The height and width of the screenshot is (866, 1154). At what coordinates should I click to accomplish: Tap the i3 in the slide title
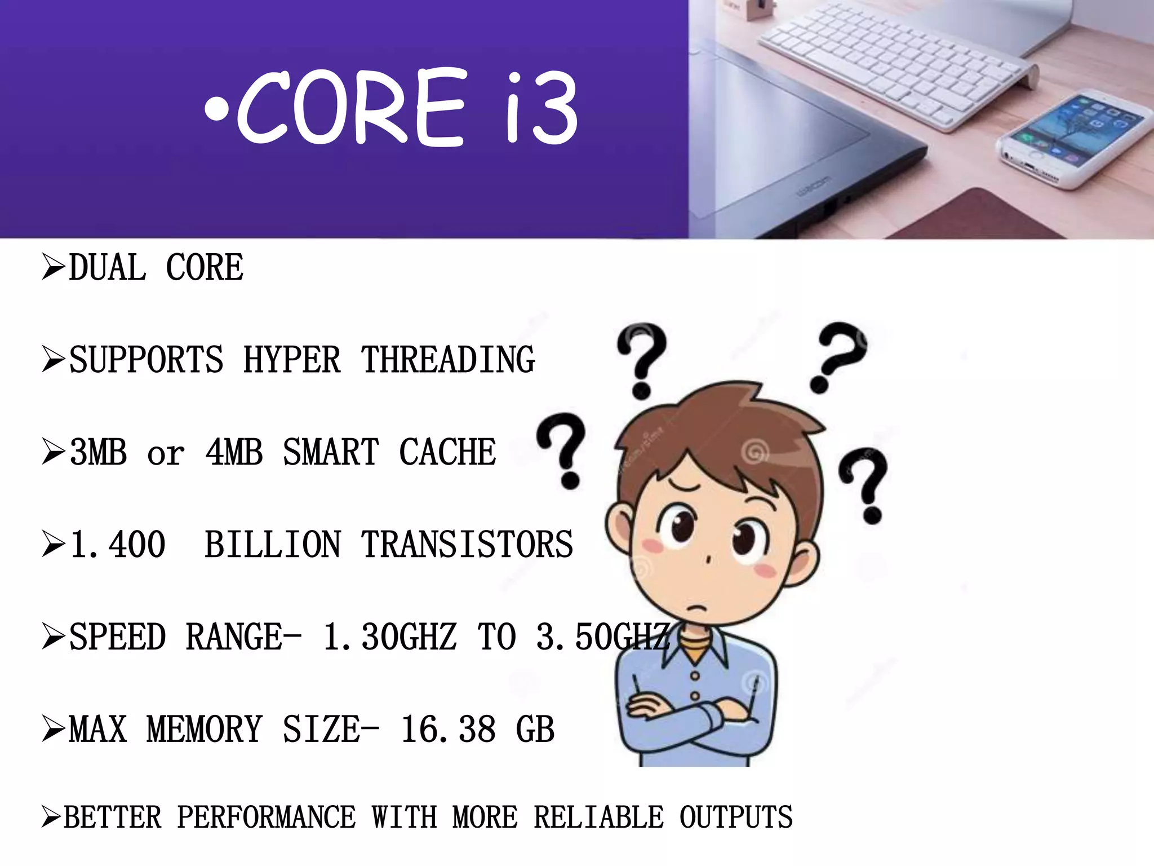(541, 107)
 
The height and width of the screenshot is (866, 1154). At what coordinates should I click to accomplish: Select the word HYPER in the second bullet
(292, 360)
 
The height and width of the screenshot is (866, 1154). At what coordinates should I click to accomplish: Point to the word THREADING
(448, 360)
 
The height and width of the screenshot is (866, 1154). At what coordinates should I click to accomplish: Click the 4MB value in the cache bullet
(234, 452)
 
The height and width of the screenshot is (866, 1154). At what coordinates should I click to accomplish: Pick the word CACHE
(447, 452)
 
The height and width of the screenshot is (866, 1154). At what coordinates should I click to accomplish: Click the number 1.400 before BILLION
(118, 545)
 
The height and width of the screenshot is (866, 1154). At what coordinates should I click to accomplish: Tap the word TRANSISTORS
(467, 545)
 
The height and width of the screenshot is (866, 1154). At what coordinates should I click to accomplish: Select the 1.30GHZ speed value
(389, 637)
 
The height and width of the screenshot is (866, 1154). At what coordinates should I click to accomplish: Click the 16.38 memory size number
(448, 730)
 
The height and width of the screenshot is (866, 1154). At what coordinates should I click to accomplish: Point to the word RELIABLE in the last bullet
(598, 818)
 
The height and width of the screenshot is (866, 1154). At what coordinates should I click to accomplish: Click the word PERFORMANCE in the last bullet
(267, 818)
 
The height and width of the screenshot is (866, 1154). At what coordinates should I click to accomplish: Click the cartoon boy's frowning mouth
(697, 609)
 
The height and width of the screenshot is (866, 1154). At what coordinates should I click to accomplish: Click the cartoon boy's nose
(708, 560)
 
